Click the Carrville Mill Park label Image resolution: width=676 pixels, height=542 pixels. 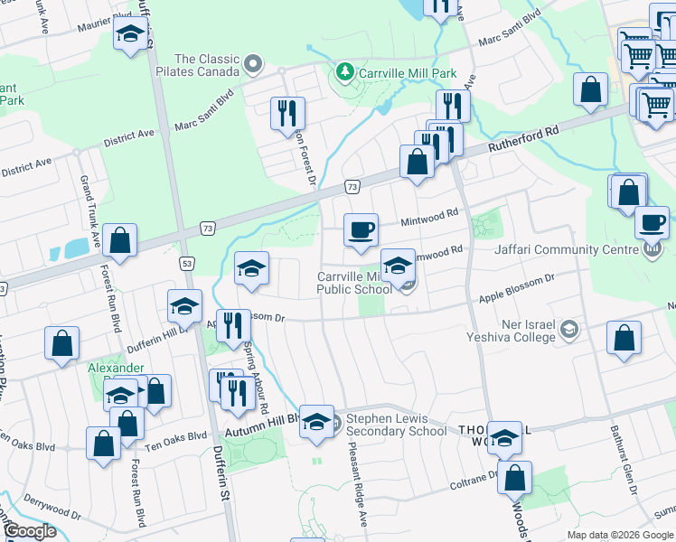tap(406, 73)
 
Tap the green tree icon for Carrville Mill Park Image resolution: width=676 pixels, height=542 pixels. tap(343, 71)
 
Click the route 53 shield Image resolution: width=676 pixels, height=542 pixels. tap(187, 263)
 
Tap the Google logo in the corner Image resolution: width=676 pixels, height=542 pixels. tap(30, 531)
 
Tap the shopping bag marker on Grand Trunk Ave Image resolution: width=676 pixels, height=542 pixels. tap(119, 240)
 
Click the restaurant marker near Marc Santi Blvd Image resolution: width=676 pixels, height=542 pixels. tap(287, 113)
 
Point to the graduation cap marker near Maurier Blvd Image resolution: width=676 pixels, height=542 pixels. tap(131, 34)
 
